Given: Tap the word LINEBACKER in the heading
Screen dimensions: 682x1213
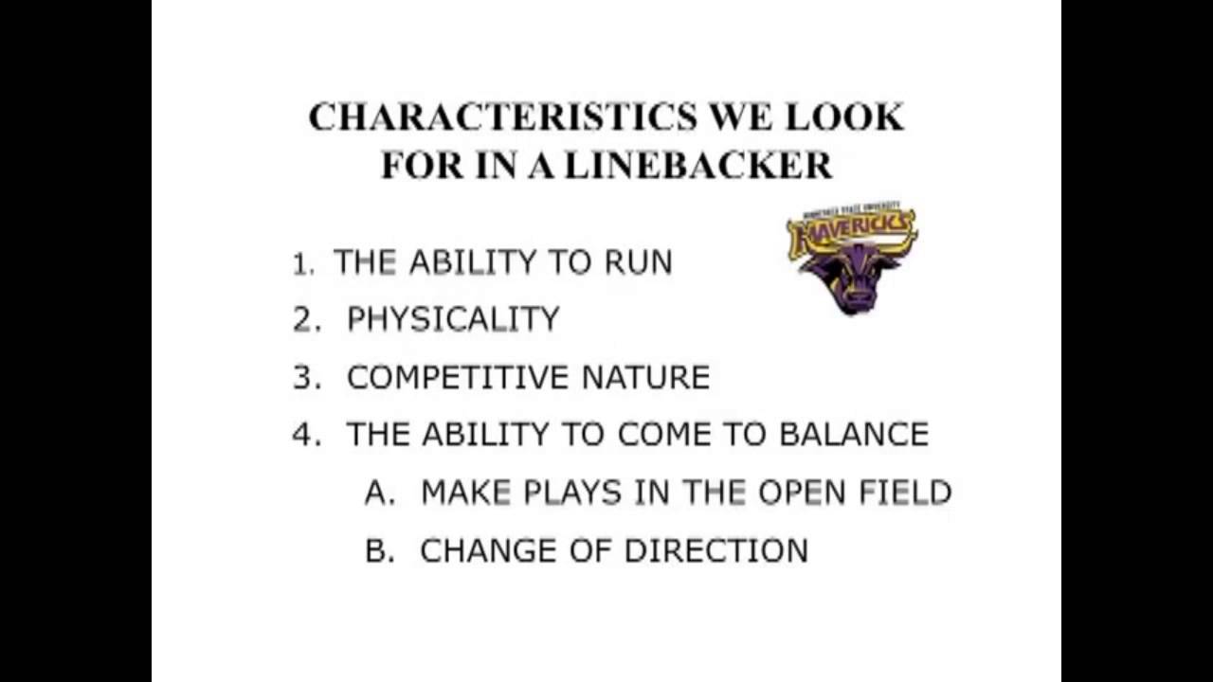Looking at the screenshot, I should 698,166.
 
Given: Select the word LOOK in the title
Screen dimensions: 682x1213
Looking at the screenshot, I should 843,117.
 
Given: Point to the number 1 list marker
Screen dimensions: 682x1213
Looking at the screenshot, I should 302,263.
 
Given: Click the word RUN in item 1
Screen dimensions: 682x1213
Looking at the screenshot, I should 639,262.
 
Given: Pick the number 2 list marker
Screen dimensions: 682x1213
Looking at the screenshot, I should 306,320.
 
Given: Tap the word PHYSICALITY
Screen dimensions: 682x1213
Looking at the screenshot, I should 453,320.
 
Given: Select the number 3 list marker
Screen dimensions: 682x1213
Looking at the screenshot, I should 306,378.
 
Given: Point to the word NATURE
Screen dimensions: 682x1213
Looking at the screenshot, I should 645,378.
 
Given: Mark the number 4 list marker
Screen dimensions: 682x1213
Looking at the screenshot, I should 306,435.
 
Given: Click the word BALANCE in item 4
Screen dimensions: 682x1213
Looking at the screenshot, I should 854,435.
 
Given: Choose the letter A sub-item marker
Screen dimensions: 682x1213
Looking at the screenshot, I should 378,493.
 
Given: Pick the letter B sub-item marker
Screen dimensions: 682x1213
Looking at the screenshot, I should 378,550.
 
